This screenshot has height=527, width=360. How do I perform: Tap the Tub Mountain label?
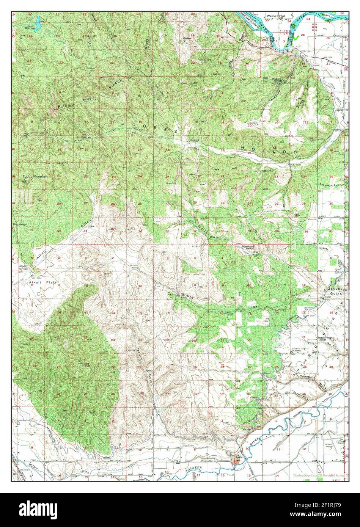pyautogui.click(x=35, y=176)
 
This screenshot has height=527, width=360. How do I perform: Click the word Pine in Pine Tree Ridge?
pyautogui.click(x=63, y=106)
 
